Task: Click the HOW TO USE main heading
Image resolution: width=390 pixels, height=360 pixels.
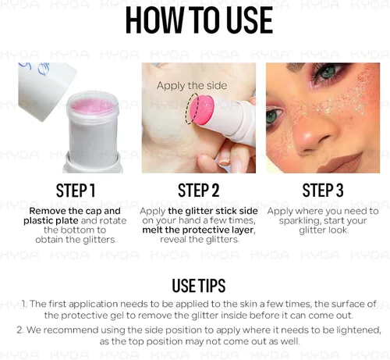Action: [x=199, y=20]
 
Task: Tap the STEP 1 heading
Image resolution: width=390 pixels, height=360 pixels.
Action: [x=76, y=191]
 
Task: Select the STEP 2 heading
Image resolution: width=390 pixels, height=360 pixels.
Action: [x=199, y=191]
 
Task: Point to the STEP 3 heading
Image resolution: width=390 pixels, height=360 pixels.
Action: [x=323, y=191]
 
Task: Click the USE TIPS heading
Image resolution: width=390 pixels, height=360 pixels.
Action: [x=199, y=286]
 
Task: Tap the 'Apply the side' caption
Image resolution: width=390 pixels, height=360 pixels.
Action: [x=192, y=86]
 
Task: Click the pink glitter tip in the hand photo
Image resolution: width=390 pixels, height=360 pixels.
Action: [x=202, y=109]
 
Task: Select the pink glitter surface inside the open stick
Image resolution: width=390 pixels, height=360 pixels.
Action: [x=93, y=106]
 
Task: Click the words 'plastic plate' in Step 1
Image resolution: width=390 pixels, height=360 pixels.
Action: [x=51, y=221]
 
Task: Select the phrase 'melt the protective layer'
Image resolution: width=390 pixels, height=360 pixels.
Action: [x=199, y=230]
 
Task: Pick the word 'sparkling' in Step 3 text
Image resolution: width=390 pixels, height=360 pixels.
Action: [x=298, y=221]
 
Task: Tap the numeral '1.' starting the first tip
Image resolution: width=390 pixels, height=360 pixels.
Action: [x=24, y=304]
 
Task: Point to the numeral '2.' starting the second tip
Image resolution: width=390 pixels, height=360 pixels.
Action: [x=20, y=330]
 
